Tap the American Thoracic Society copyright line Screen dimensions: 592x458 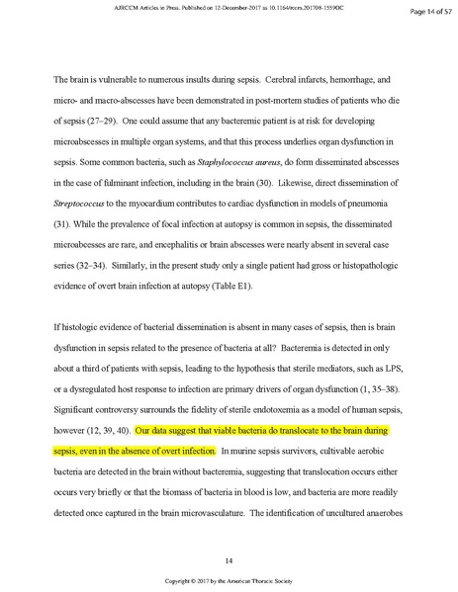(x=229, y=581)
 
